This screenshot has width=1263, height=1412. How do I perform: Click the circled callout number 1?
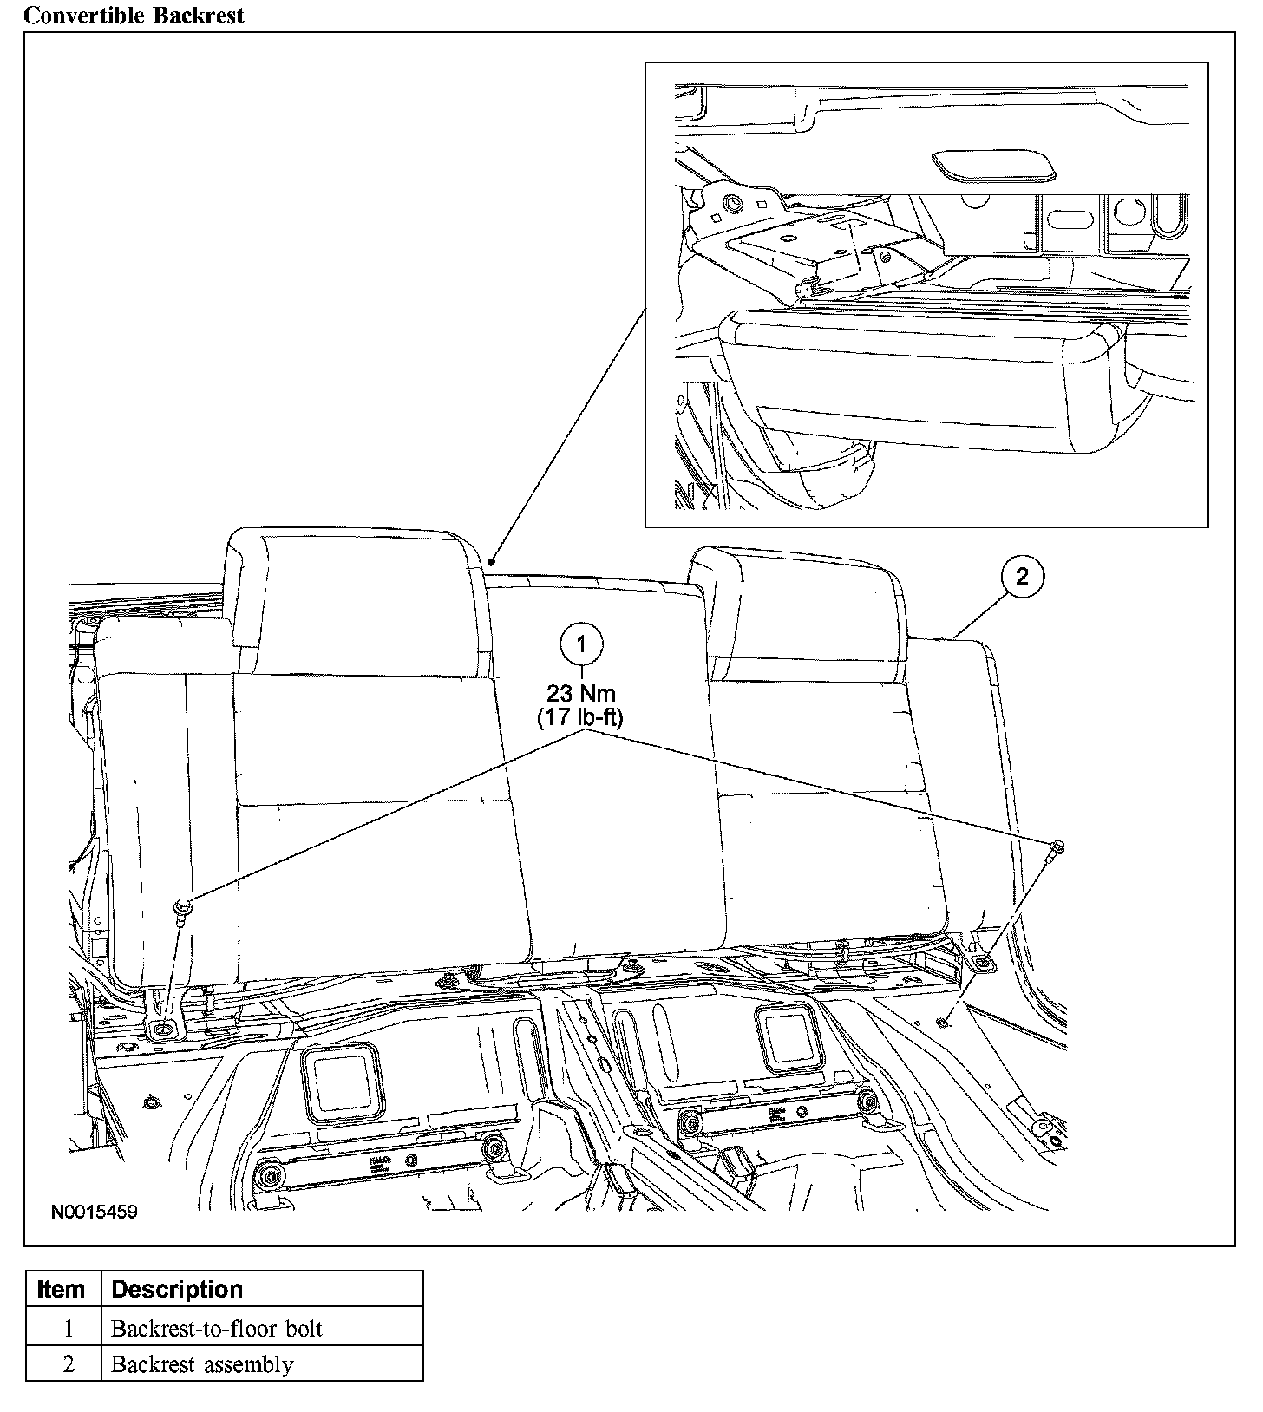click(x=581, y=644)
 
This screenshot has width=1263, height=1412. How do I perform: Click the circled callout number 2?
click(x=1021, y=576)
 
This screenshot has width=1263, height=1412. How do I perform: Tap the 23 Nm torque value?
click(x=580, y=693)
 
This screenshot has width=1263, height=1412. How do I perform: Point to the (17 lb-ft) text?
click(x=580, y=717)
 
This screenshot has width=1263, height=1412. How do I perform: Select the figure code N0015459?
click(x=94, y=1212)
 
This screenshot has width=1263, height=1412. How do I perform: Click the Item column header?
click(x=62, y=1290)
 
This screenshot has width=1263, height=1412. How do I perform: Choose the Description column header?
click(x=177, y=1290)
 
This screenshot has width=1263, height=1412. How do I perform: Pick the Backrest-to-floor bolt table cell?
click(x=217, y=1329)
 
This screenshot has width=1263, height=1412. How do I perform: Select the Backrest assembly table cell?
click(x=202, y=1364)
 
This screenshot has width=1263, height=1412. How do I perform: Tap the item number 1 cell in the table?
click(x=68, y=1329)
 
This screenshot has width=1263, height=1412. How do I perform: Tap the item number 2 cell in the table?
click(x=68, y=1364)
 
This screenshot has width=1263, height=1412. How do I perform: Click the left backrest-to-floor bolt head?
click(x=183, y=907)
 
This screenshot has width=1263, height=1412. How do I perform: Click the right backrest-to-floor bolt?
click(x=1057, y=847)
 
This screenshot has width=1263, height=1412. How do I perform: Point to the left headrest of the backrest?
click(x=354, y=603)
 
